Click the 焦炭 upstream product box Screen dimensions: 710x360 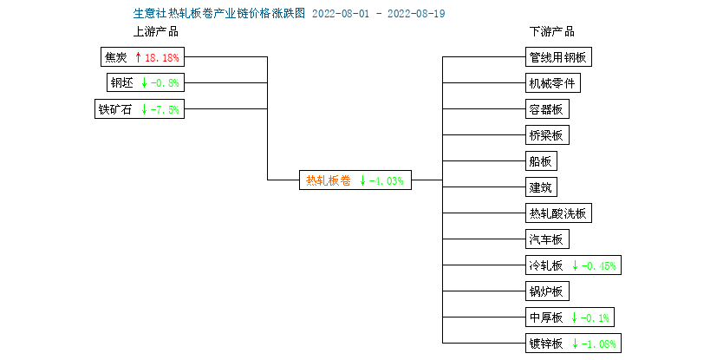click(x=142, y=57)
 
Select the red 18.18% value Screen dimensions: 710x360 click(x=161, y=58)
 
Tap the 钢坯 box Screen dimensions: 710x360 click(x=146, y=83)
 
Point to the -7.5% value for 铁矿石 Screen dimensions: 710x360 click(x=165, y=109)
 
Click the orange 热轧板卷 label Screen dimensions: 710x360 click(x=329, y=180)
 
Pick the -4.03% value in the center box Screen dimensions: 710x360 click(x=387, y=181)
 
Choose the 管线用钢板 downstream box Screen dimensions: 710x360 click(x=558, y=57)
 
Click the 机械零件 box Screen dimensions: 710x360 click(x=553, y=83)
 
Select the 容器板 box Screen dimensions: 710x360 click(x=547, y=109)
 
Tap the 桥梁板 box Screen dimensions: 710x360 click(x=547, y=135)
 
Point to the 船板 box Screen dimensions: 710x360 click(x=541, y=161)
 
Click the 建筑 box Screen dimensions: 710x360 click(x=541, y=187)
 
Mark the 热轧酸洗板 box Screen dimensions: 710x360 click(x=558, y=213)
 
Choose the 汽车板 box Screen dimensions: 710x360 click(x=547, y=239)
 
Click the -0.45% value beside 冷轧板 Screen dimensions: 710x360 click(x=599, y=265)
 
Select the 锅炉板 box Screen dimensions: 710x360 click(x=547, y=291)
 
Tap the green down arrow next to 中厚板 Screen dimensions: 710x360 click(x=574, y=317)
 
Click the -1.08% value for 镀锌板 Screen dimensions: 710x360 click(x=599, y=344)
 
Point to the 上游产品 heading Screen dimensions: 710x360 click(x=155, y=32)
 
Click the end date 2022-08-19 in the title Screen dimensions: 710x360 click(x=416, y=14)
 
